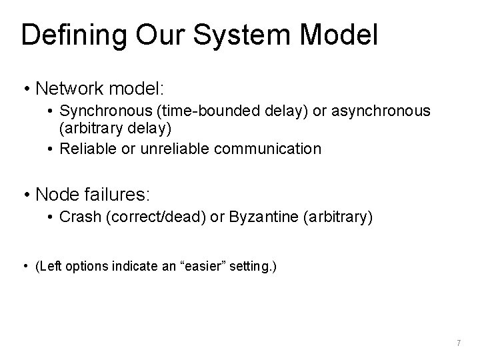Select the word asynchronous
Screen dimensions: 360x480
pyautogui.click(x=372, y=110)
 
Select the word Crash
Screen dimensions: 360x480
pyautogui.click(x=78, y=217)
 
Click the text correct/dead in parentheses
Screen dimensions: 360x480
pyautogui.click(x=143, y=217)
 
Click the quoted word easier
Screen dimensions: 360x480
pyautogui.click(x=203, y=267)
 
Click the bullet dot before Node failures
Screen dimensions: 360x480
pyautogui.click(x=27, y=195)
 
